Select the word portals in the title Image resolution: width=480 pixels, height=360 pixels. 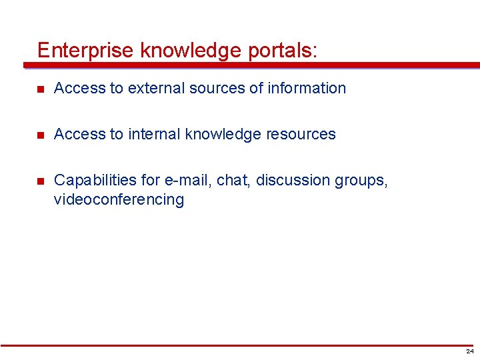281,51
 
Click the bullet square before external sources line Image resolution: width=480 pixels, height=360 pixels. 41,89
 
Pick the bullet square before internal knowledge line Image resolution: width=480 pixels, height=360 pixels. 41,135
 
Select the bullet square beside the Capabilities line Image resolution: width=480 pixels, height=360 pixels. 41,181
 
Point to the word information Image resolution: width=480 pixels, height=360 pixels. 307,88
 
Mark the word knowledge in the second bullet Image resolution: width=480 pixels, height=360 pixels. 223,134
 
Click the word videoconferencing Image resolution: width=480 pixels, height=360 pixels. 119,199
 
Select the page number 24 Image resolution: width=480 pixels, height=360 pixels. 470,351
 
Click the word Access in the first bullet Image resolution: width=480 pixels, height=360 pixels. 75,88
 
